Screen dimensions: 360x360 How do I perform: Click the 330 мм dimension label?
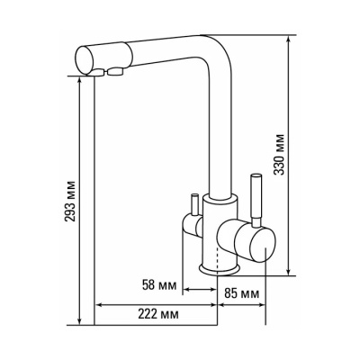tap(280, 155)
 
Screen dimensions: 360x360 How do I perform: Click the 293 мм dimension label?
tap(71, 202)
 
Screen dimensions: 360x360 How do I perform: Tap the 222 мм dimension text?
tap(158, 314)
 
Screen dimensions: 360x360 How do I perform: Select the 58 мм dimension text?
tap(158, 285)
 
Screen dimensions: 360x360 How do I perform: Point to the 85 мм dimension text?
tap(241, 293)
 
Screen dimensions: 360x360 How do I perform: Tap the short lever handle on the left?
tap(194, 204)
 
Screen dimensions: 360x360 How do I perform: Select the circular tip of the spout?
tap(84, 60)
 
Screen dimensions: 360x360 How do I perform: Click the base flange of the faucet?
tap(220, 269)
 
